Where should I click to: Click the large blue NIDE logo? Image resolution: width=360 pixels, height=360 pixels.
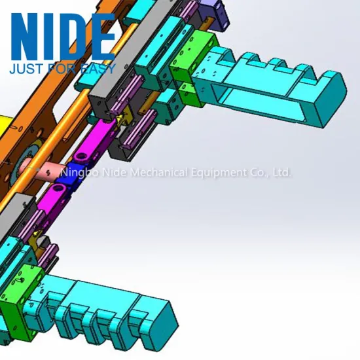[x=63, y=37]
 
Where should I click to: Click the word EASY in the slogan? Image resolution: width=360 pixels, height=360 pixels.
[x=98, y=69]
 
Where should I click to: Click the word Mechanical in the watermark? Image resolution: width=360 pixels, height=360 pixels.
[x=159, y=172]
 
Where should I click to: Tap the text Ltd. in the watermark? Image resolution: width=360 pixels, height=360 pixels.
[x=282, y=172]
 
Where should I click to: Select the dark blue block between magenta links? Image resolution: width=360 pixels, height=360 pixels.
[x=69, y=175]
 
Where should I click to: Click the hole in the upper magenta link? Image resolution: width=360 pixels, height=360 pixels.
[x=81, y=157]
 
